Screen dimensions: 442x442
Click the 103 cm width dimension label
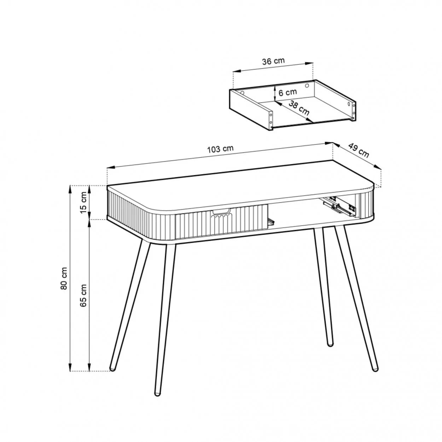coord(220,149)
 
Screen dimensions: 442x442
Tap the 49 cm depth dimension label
coord(359,151)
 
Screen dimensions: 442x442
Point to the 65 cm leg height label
coord(83,295)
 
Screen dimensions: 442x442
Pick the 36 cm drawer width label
coord(273,61)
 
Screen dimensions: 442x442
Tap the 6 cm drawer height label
coord(287,92)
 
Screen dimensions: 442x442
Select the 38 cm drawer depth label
coord(299,108)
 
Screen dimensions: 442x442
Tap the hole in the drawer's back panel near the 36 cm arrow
coord(307,86)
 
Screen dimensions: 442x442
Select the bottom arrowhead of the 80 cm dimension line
coord(70,373)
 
